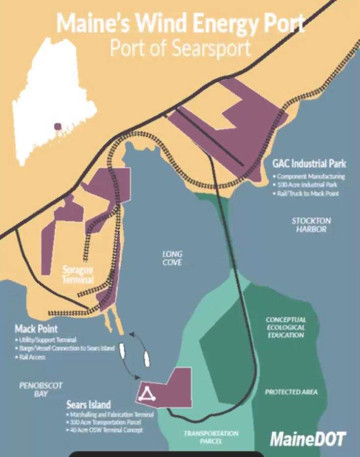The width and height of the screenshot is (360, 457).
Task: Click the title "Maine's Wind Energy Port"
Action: (x=180, y=23)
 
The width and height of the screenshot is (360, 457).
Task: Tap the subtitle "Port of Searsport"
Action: (x=180, y=48)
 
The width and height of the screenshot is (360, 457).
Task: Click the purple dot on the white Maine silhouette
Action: (x=57, y=126)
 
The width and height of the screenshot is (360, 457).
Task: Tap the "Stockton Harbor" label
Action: (x=311, y=225)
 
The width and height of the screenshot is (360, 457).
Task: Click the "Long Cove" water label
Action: (x=172, y=258)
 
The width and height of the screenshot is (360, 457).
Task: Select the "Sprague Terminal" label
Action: (x=78, y=275)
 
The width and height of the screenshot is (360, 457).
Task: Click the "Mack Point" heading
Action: (x=36, y=328)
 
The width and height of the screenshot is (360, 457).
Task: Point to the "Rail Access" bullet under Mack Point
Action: (x=32, y=357)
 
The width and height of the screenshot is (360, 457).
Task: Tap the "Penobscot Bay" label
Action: (x=41, y=390)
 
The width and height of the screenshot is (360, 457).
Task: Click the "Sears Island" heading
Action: (x=89, y=405)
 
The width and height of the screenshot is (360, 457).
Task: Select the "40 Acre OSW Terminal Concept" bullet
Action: (x=106, y=430)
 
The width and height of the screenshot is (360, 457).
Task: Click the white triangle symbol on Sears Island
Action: (x=147, y=393)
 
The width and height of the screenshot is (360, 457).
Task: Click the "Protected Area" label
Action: (x=291, y=392)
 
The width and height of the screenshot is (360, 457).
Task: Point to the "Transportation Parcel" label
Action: (x=211, y=437)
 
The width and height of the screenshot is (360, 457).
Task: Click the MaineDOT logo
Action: (x=307, y=439)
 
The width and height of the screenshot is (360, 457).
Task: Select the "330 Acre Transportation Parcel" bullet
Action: (x=105, y=422)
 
